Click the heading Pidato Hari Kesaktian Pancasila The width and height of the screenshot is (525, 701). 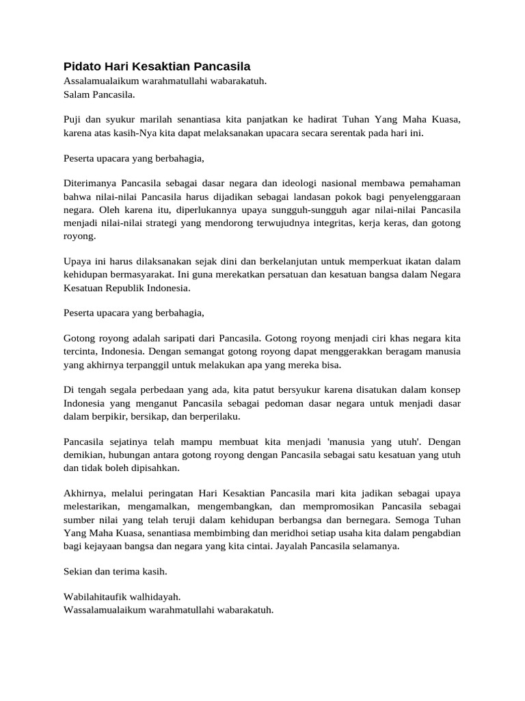click(157, 66)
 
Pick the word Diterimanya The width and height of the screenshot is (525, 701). click(90, 184)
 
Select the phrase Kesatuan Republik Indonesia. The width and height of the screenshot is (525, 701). click(126, 288)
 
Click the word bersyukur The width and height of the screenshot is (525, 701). click(286, 390)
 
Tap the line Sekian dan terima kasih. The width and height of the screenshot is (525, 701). click(115, 571)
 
